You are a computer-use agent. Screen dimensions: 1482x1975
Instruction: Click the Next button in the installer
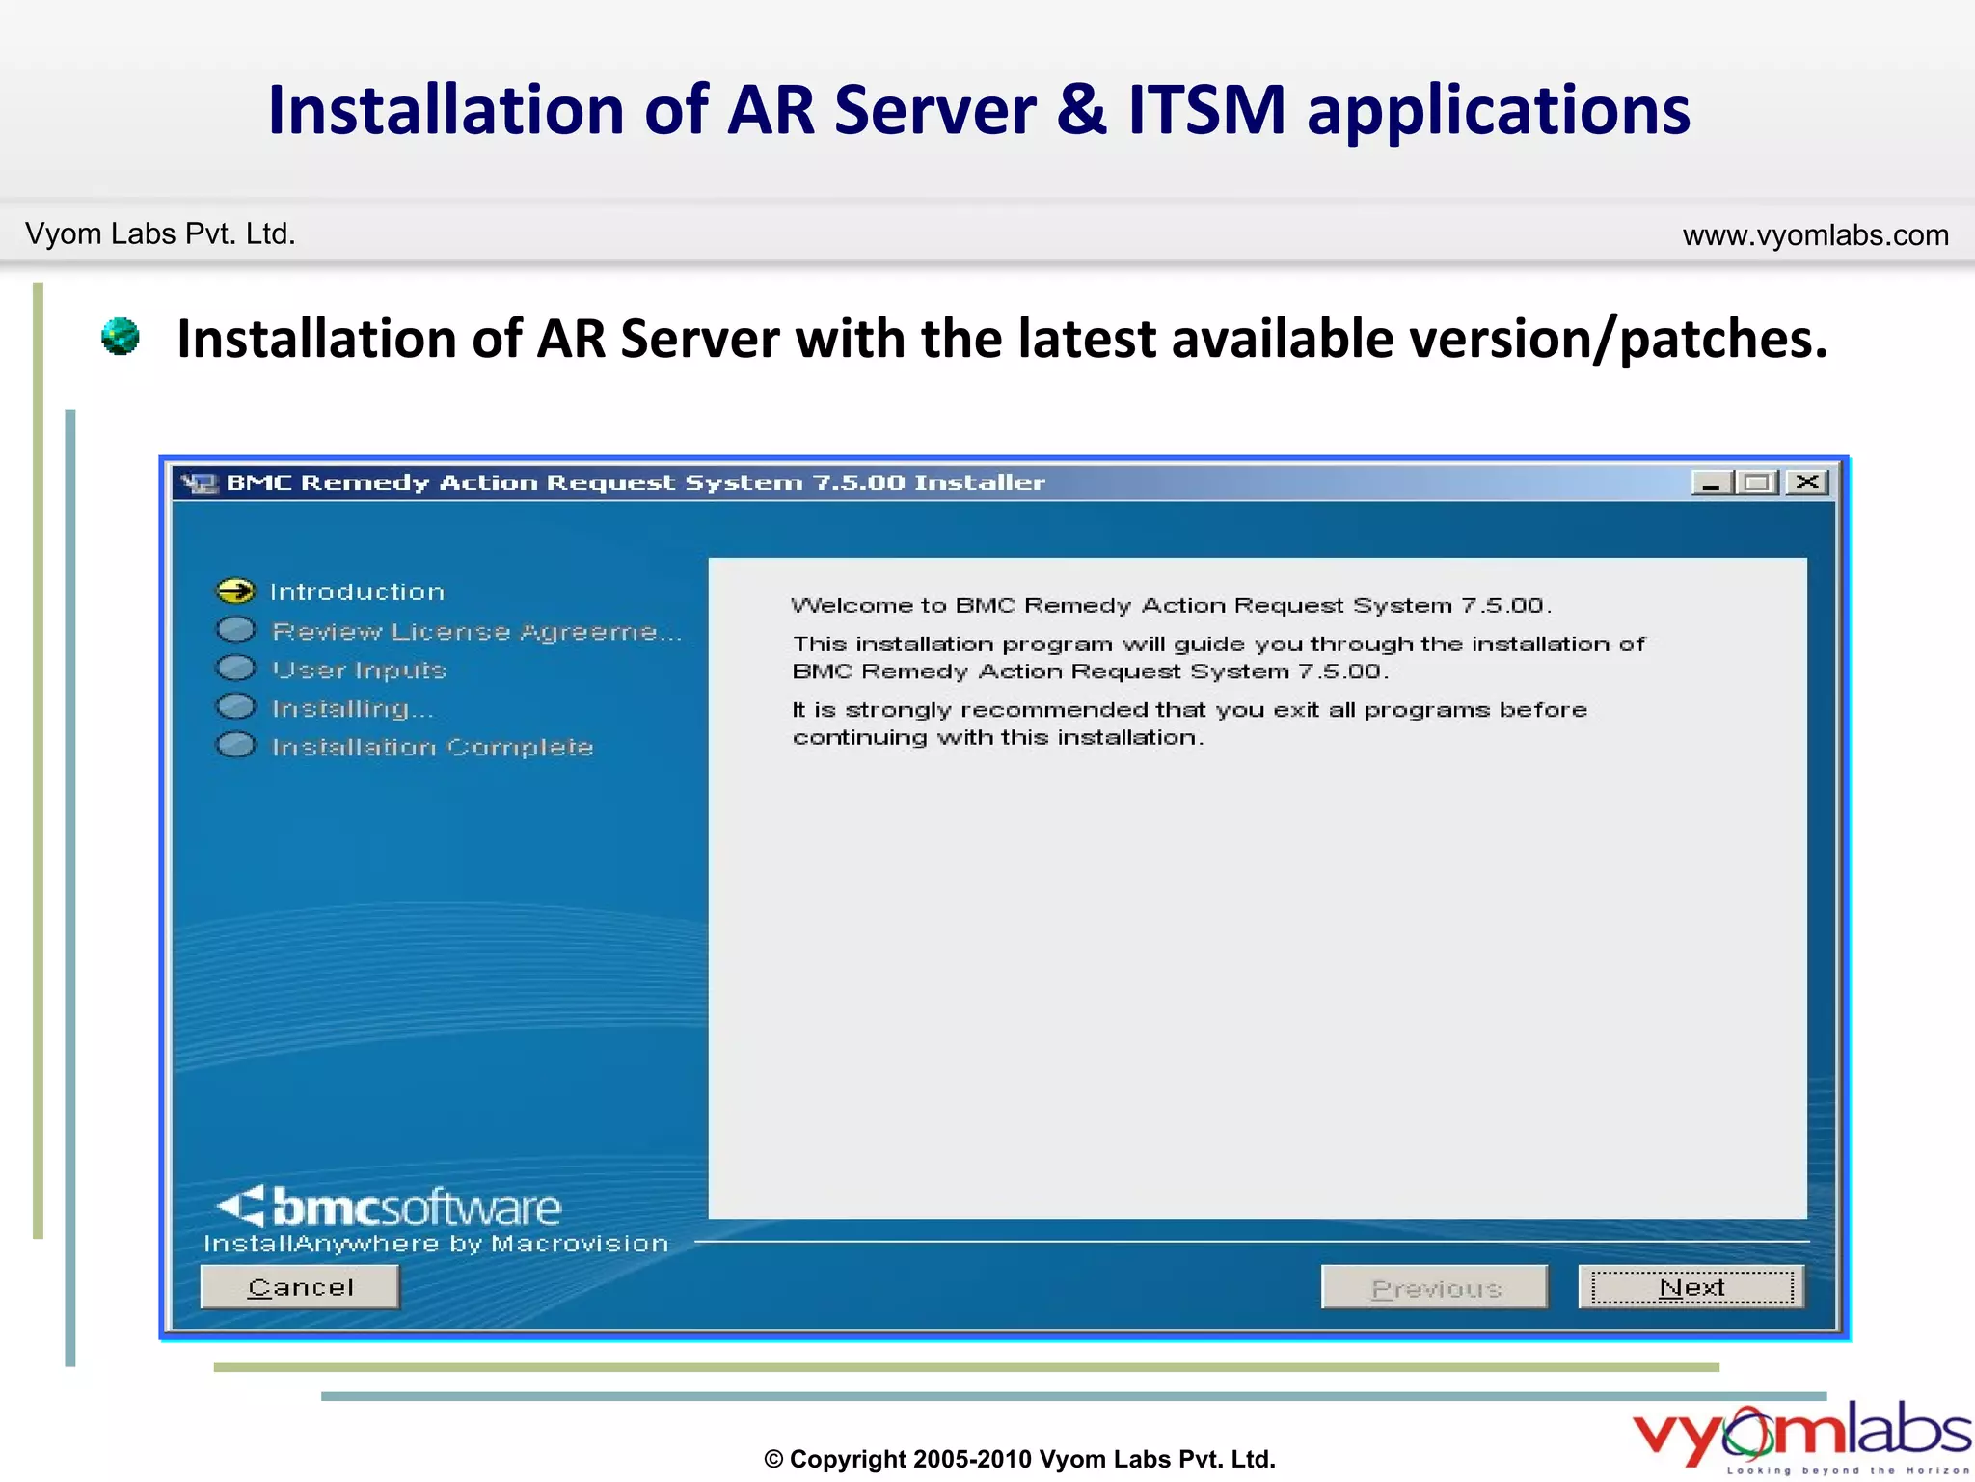[1691, 1287]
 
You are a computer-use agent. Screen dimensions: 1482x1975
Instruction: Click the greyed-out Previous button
[1435, 1287]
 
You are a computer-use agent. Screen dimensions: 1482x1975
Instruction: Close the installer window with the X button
[1807, 482]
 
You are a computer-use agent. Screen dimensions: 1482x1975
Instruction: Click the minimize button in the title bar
[1712, 482]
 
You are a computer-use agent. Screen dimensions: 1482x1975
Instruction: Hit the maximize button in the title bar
[1758, 482]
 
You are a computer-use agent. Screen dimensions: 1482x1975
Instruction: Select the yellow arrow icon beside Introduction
[235, 590]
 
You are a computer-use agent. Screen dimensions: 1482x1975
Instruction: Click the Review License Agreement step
[476, 631]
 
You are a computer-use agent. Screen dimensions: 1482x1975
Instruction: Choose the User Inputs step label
[359, 670]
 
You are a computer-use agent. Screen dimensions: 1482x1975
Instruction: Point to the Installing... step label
[352, 709]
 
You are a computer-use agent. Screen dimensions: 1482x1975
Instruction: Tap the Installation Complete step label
[432, 748]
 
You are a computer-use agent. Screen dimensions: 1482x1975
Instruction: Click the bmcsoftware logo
[390, 1206]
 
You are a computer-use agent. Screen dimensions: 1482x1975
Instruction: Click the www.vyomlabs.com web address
[1815, 235]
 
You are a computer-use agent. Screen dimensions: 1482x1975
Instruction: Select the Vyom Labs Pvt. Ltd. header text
[160, 234]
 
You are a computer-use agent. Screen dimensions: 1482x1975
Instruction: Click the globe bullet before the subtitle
[121, 337]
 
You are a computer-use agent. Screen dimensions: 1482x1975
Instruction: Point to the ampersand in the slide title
[1081, 110]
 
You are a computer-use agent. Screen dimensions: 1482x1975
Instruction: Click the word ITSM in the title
[1206, 110]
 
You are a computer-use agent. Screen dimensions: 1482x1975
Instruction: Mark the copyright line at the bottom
[1019, 1459]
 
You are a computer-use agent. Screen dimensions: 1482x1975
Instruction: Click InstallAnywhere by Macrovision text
[436, 1244]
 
